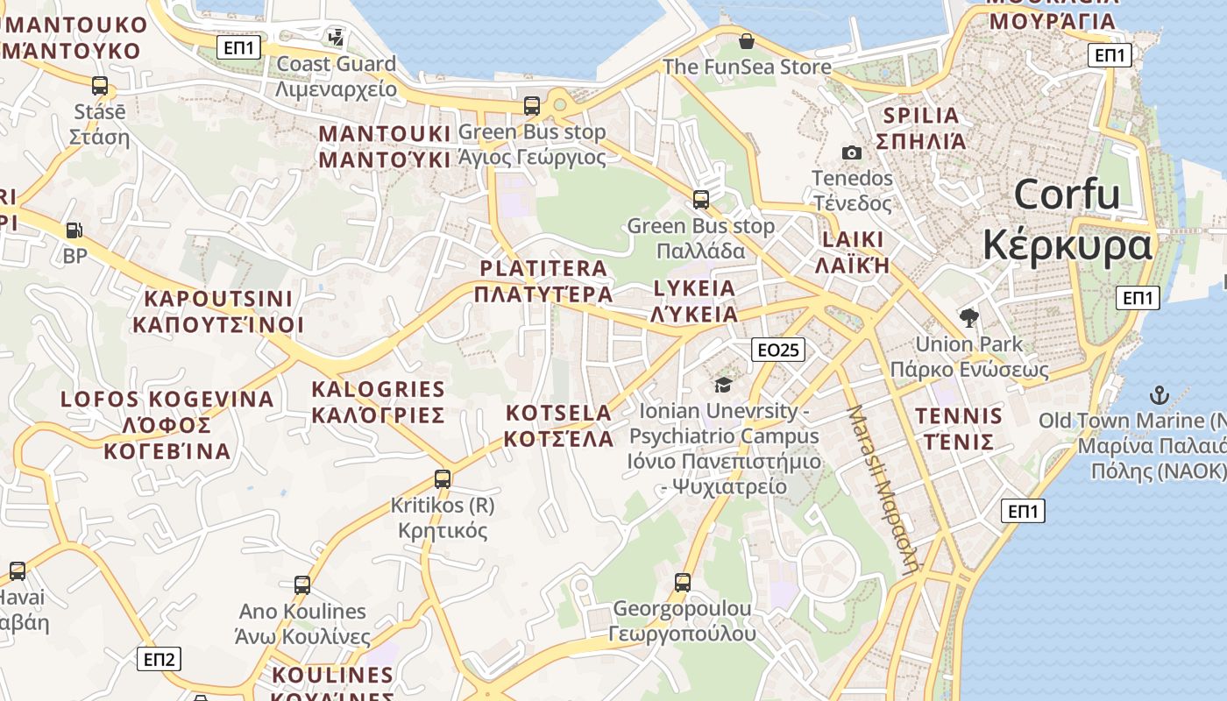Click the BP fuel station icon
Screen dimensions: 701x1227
pos(74,230)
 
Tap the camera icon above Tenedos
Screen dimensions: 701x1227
pos(851,152)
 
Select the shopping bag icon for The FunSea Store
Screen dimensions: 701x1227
pos(746,41)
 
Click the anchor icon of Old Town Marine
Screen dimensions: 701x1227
pos(1160,394)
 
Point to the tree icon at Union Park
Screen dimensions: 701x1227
pos(968,317)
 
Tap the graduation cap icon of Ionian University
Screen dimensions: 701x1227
pos(723,385)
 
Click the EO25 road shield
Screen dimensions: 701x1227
pos(777,350)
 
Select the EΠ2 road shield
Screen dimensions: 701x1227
pos(159,659)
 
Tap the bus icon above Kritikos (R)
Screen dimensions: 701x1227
pos(443,479)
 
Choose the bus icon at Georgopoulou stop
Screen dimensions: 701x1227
pos(683,582)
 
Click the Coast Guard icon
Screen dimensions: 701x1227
pos(336,38)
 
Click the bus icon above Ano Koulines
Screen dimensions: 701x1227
pos(302,584)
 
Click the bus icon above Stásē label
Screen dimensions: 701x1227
pos(100,86)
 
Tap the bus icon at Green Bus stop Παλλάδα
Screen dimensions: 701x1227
pos(701,199)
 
